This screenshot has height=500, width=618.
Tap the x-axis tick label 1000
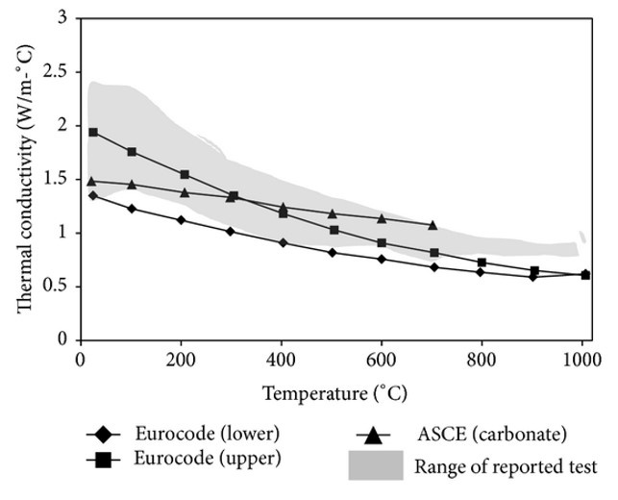580,360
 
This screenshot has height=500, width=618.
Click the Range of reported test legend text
507,467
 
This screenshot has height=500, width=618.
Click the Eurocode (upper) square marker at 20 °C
93,132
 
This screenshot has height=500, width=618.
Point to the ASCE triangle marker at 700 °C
433,225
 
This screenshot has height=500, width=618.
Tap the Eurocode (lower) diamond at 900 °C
533,277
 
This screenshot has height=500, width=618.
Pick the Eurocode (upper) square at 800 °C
482,262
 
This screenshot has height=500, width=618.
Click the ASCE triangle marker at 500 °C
333,213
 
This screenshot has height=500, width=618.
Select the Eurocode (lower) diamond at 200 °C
182,220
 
